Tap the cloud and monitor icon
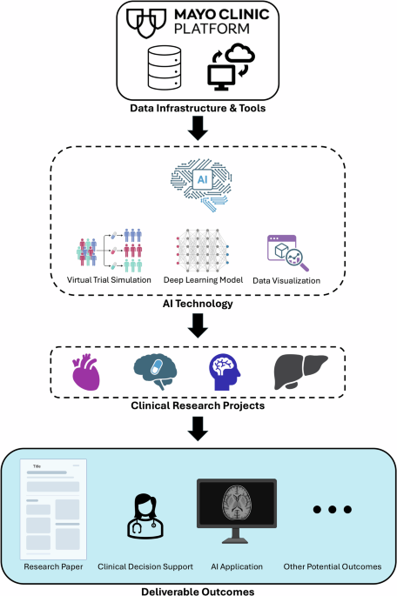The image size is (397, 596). click(228, 68)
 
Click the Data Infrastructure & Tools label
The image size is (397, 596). click(199, 110)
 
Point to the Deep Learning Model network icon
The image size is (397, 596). click(202, 249)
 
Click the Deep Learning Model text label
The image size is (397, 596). click(202, 281)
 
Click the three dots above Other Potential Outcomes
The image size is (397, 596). click(332, 510)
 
